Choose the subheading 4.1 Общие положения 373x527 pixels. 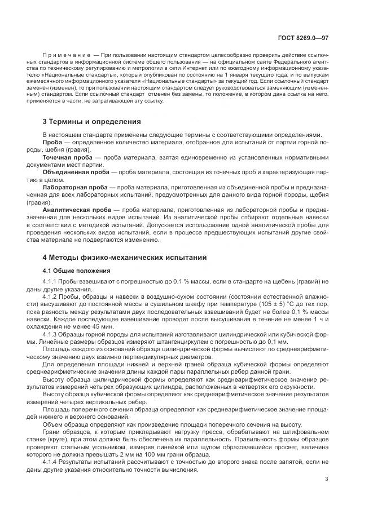pyautogui.click(x=71, y=271)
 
